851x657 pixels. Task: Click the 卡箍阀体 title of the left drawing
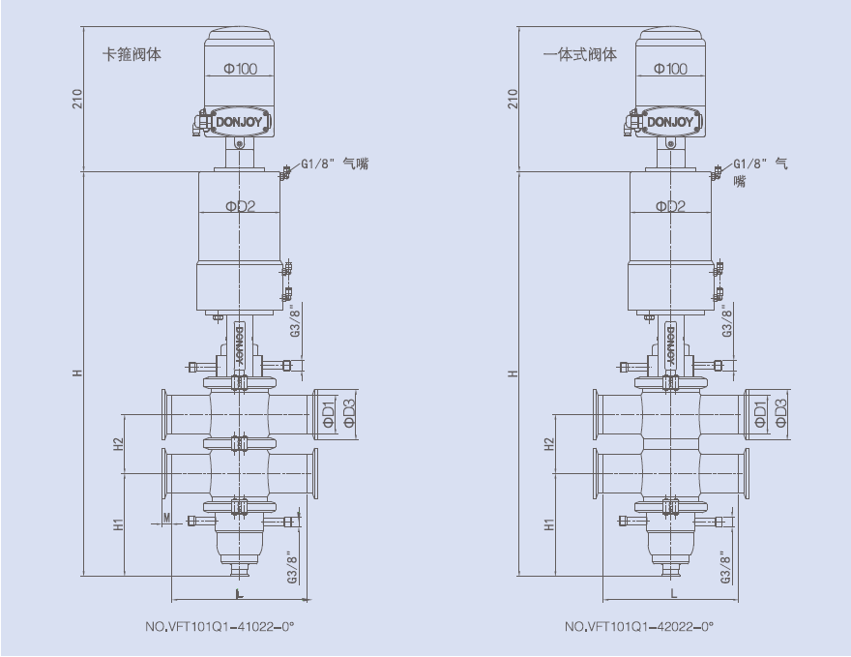(x=132, y=55)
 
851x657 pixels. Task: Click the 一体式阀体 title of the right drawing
(x=580, y=55)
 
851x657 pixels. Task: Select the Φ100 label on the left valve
(x=240, y=69)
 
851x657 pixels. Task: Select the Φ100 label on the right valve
(x=670, y=69)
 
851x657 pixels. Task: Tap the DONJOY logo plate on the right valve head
(x=670, y=122)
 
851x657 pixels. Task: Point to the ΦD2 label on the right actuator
(x=670, y=206)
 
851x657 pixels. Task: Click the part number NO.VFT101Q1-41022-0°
(x=219, y=627)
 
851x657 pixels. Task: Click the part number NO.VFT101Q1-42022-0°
(x=639, y=627)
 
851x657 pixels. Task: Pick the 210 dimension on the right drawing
(x=514, y=98)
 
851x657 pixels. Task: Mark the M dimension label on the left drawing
(x=166, y=520)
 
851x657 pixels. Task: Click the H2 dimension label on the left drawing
(x=118, y=444)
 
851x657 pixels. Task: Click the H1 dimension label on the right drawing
(x=549, y=524)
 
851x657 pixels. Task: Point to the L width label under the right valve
(x=674, y=592)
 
